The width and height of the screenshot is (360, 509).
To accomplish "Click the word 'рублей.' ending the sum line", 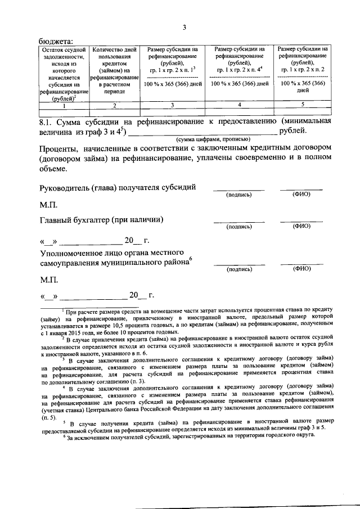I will point(294,132).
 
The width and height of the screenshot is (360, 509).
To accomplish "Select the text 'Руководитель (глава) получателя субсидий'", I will point(118,187).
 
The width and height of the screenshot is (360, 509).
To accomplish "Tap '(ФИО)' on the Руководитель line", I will point(301,195).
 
